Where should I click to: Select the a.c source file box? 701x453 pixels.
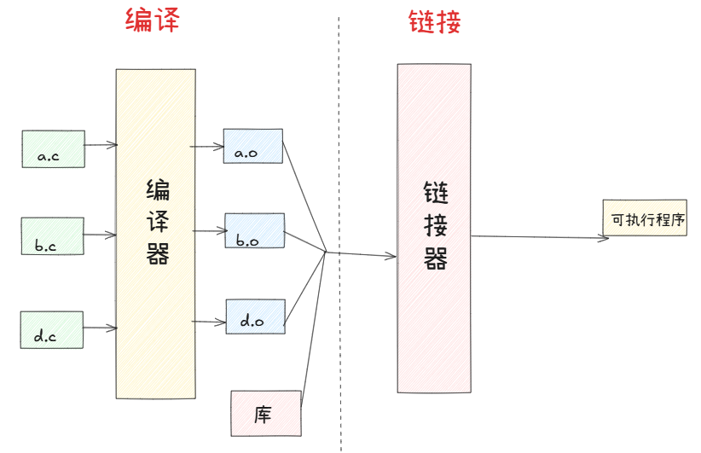click(53, 148)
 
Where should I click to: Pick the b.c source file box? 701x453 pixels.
click(52, 236)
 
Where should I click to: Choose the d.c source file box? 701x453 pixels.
click(52, 329)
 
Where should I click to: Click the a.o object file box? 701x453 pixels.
click(252, 146)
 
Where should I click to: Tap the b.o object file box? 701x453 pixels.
click(254, 230)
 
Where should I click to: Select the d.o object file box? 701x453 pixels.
click(254, 316)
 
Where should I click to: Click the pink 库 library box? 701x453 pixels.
click(265, 413)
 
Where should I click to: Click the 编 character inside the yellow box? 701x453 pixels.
click(158, 190)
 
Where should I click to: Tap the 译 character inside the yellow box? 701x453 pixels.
click(158, 224)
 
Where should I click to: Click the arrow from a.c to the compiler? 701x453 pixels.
click(101, 145)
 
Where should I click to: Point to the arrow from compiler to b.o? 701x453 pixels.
click(208, 230)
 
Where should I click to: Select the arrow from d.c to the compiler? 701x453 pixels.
click(100, 328)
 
